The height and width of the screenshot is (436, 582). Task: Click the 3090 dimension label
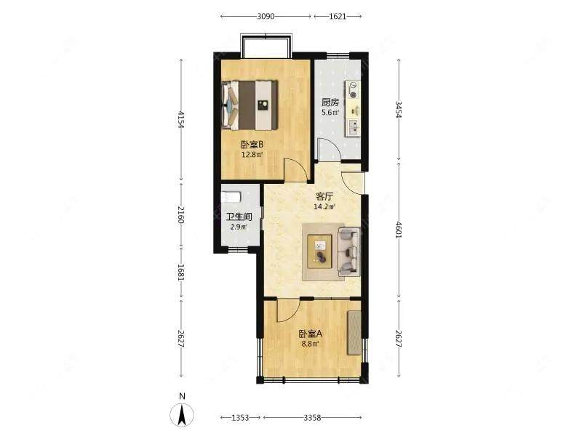click(266, 16)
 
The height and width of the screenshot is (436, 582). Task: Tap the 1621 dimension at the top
click(338, 16)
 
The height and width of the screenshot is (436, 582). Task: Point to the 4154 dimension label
click(180, 119)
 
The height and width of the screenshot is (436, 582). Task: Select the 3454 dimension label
click(399, 110)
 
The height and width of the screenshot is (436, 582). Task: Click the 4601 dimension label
click(399, 230)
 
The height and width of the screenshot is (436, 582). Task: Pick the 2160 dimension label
click(180, 214)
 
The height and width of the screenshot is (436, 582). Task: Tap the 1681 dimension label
click(180, 272)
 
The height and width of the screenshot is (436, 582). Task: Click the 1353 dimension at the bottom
click(240, 418)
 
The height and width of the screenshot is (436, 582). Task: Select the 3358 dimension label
click(312, 418)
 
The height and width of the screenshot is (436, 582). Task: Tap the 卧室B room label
click(252, 144)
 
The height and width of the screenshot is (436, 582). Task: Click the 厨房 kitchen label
click(330, 102)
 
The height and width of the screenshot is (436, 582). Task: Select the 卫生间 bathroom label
click(239, 217)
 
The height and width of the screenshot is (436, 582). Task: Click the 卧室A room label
click(311, 334)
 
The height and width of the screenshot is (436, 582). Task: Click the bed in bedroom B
click(250, 105)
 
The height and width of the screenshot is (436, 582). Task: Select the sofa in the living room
click(349, 251)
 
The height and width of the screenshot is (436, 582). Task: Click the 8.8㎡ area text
click(310, 344)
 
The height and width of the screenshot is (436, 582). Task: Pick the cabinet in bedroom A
click(354, 333)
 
